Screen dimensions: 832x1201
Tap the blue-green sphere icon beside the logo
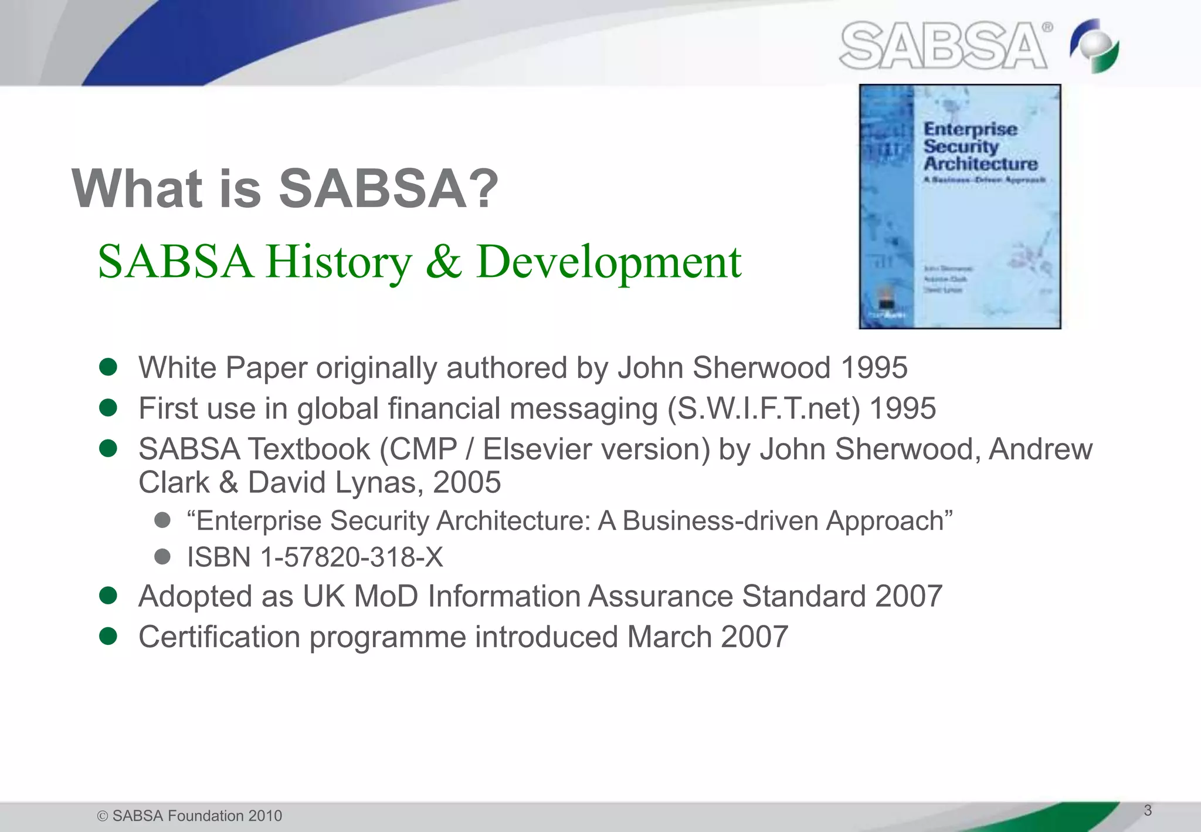(1094, 46)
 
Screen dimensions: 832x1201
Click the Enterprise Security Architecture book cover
(960, 207)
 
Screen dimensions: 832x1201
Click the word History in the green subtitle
(339, 262)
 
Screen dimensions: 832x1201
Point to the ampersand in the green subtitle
(443, 262)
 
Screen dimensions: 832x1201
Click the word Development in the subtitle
(609, 262)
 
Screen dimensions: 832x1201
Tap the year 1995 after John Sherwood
(874, 368)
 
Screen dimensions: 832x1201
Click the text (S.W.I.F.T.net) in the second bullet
(764, 409)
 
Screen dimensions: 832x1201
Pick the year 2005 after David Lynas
(467, 483)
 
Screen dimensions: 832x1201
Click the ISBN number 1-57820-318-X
(352, 557)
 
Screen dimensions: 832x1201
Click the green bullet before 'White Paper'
(108, 367)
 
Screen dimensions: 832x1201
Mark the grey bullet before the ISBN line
(162, 556)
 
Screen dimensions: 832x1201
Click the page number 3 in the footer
(1148, 810)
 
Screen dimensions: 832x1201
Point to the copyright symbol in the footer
(103, 816)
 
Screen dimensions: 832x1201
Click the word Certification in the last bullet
(219, 637)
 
